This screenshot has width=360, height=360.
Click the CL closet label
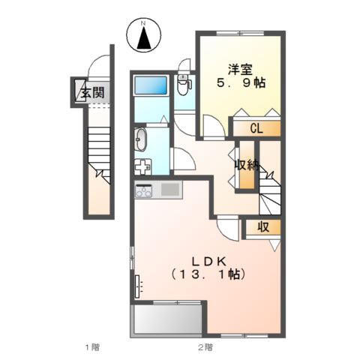(256, 129)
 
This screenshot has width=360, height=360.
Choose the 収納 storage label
(247, 165)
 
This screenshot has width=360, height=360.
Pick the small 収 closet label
(265, 227)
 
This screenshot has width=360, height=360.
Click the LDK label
(206, 261)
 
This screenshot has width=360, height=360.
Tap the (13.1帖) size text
(206, 274)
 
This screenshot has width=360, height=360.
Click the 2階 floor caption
(205, 347)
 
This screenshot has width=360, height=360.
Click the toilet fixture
(184, 87)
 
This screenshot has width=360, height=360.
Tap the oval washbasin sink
(142, 139)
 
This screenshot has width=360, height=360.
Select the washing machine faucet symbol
(143, 166)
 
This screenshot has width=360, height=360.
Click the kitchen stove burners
(145, 190)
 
